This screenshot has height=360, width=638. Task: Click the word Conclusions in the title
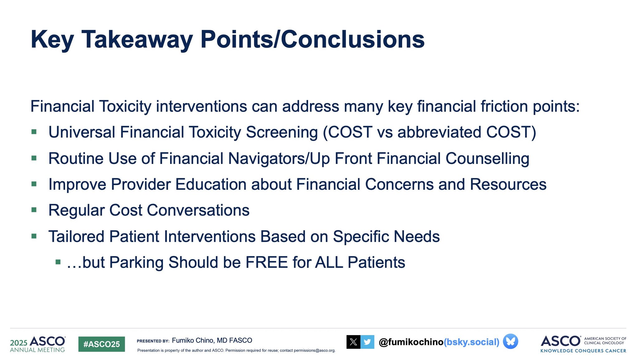pos(353,40)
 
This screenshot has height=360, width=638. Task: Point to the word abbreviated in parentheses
pos(440,132)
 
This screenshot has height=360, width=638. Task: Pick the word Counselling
pos(487,159)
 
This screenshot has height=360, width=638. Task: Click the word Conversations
pos(198,210)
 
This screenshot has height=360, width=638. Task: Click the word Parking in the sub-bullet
pos(136,263)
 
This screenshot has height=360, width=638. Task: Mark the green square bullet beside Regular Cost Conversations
pos(34,210)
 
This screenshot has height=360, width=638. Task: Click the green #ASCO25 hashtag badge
pos(102,344)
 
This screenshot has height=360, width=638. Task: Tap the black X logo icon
pos(353,342)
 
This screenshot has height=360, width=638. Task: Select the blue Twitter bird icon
pos(367,342)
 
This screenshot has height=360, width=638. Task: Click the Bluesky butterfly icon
pos(511,341)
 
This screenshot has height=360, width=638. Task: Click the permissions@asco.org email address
pos(314,351)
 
